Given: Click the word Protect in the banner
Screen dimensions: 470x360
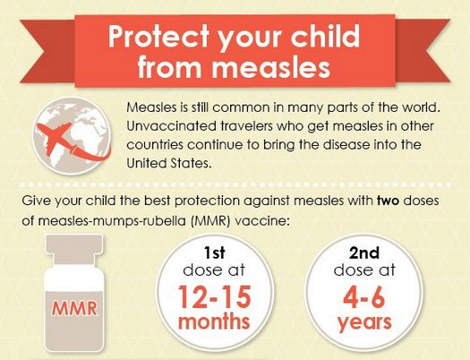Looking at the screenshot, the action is coord(158,37).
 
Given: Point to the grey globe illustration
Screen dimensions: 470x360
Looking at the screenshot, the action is coord(72,136).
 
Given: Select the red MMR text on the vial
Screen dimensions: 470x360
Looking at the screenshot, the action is coord(74,308).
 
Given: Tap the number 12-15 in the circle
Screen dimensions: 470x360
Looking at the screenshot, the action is coord(215,297).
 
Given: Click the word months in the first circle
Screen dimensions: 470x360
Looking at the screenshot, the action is coord(214,321).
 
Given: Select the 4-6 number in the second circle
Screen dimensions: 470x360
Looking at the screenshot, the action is coord(364,297).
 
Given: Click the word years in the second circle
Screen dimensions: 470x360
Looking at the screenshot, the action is coord(364,323).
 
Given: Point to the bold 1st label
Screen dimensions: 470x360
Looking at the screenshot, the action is coord(214,253).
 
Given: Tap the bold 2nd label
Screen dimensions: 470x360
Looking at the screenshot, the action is coord(364,253).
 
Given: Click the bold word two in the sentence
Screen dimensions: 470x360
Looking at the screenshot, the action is coord(389,201).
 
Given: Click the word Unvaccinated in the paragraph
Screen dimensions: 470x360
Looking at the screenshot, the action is coord(172,126).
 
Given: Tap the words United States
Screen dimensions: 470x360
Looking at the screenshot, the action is coord(167,163).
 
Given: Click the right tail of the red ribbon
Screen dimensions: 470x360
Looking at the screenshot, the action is coord(423,50).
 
